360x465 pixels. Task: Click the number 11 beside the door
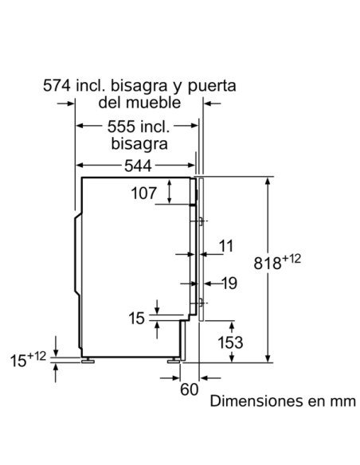pyautogui.click(x=227, y=246)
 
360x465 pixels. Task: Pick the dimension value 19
pyautogui.click(x=229, y=282)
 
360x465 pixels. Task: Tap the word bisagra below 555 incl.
pyautogui.click(x=139, y=144)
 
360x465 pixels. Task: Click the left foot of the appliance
pyautogui.click(x=87, y=360)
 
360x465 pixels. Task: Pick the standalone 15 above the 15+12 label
pyautogui.click(x=137, y=318)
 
